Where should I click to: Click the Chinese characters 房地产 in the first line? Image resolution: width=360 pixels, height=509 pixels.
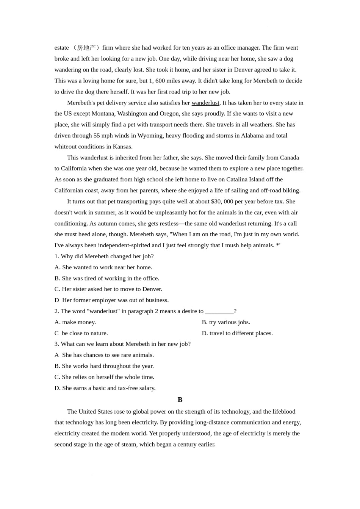(x=86, y=48)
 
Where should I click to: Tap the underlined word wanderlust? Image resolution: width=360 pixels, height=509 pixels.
(x=205, y=103)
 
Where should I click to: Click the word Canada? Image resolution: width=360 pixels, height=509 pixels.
(x=290, y=158)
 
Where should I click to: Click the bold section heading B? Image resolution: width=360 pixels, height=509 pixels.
(x=180, y=400)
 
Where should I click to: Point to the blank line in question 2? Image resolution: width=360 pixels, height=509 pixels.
(x=219, y=311)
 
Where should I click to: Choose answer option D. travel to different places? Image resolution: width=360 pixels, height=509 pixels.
(x=237, y=333)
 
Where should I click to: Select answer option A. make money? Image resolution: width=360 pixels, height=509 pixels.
(x=75, y=322)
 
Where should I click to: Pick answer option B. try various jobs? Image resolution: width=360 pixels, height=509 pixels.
(x=226, y=322)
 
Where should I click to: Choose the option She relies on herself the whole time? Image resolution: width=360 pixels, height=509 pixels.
(x=104, y=377)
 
